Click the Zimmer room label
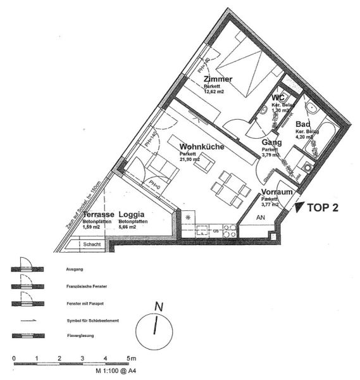218,79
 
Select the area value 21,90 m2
190,160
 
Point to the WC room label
278,98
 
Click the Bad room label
302,123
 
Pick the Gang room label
271,142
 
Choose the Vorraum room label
277,192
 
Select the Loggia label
133,214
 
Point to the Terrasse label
98,214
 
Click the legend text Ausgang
75,269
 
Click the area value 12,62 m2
214,91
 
